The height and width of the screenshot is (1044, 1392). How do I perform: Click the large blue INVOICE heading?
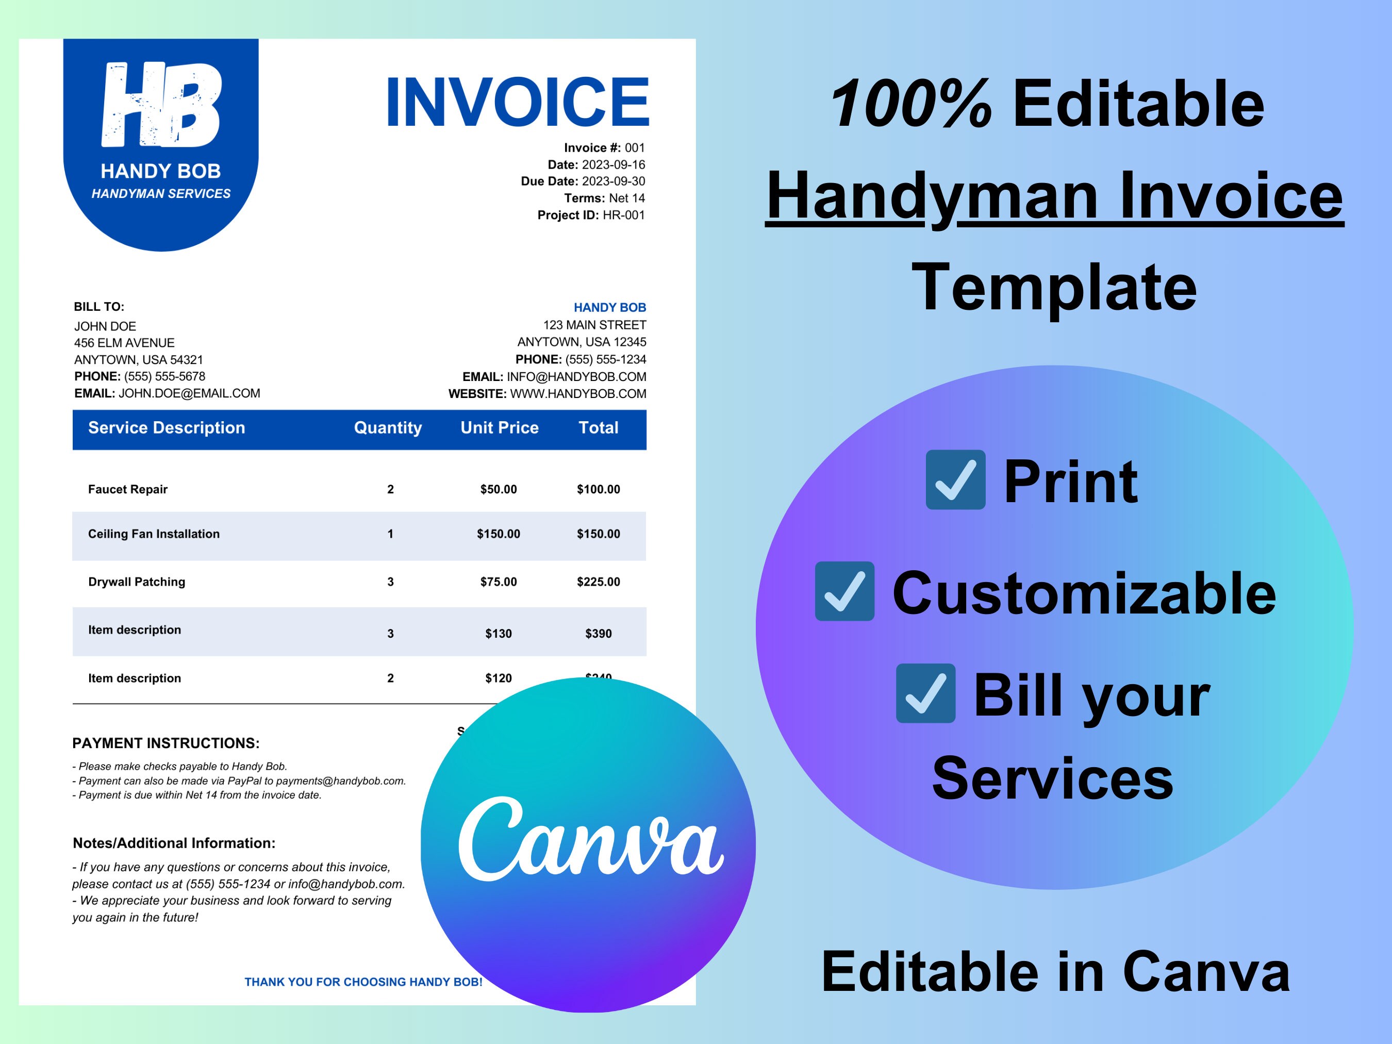(517, 102)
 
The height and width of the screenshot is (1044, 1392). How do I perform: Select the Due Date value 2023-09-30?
(613, 181)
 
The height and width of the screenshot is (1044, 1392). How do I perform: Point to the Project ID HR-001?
(623, 215)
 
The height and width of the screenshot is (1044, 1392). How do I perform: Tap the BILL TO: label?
(99, 306)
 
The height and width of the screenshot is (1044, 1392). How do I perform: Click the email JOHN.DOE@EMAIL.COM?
(189, 393)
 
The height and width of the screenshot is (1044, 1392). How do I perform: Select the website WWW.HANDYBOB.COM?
(578, 394)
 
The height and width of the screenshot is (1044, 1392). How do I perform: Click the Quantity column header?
(388, 428)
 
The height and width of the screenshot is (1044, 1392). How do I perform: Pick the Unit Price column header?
(499, 428)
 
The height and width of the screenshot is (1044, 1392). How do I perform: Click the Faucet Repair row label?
(128, 490)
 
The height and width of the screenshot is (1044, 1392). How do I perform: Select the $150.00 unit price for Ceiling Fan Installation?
(498, 534)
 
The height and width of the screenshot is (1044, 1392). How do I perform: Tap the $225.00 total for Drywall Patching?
(598, 582)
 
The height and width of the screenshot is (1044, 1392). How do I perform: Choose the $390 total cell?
(598, 634)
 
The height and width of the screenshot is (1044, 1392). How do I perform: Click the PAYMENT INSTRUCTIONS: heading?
(165, 743)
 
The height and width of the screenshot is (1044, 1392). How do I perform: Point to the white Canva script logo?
(590, 840)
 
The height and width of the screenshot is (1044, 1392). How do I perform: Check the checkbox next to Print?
(955, 479)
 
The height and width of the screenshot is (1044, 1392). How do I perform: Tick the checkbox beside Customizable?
(844, 591)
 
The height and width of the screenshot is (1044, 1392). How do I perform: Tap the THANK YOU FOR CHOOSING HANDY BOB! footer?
(363, 982)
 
